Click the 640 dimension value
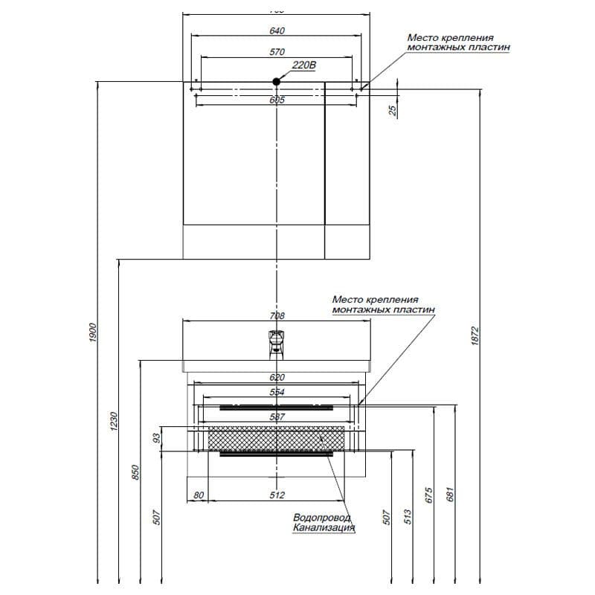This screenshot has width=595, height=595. (277, 30)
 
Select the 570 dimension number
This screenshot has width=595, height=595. (277, 52)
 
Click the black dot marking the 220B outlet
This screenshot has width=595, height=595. (277, 80)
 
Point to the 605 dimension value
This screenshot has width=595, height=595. (277, 100)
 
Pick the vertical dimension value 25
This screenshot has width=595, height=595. (393, 110)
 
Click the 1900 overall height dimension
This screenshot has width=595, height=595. (93, 332)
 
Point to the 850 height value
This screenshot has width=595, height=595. (135, 471)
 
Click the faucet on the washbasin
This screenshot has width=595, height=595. (274, 343)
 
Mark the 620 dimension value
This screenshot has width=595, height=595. (277, 377)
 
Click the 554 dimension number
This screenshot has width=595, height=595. (277, 392)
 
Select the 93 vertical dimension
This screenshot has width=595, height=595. (157, 439)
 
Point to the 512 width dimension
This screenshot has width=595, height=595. (277, 495)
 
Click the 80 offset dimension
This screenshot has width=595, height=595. (198, 495)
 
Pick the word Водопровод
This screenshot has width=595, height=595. (322, 518)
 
